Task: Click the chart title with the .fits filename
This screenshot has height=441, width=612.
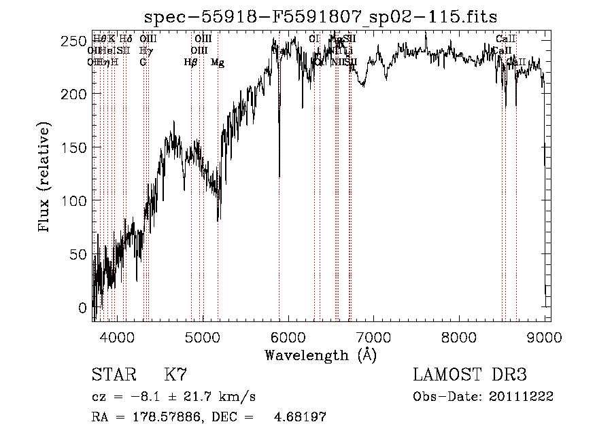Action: pyautogui.click(x=322, y=16)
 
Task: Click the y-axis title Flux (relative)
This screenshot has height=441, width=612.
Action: pyautogui.click(x=45, y=178)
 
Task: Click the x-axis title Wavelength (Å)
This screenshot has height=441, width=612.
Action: pyautogui.click(x=320, y=355)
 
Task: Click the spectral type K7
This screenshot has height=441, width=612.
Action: pyautogui.click(x=175, y=375)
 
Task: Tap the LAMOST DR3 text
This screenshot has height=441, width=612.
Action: pyautogui.click(x=470, y=375)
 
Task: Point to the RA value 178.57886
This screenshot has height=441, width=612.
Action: pyautogui.click(x=167, y=417)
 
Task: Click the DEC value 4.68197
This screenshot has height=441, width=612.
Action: pyautogui.click(x=299, y=417)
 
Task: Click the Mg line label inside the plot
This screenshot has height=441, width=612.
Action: pyautogui.click(x=218, y=63)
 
